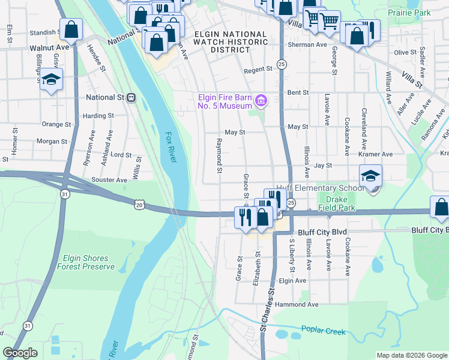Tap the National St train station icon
coord(131,97)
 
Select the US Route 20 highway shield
coord(140,205)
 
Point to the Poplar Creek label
coord(324,329)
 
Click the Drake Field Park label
coord(340,204)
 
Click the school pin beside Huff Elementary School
coord(371,176)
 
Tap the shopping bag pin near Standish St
coord(71,29)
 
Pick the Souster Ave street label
coord(108,179)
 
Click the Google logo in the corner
coord(20,353)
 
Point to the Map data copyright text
coord(411,355)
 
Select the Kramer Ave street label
coord(375,154)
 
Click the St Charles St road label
coord(267,317)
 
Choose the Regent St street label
coord(258,70)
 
